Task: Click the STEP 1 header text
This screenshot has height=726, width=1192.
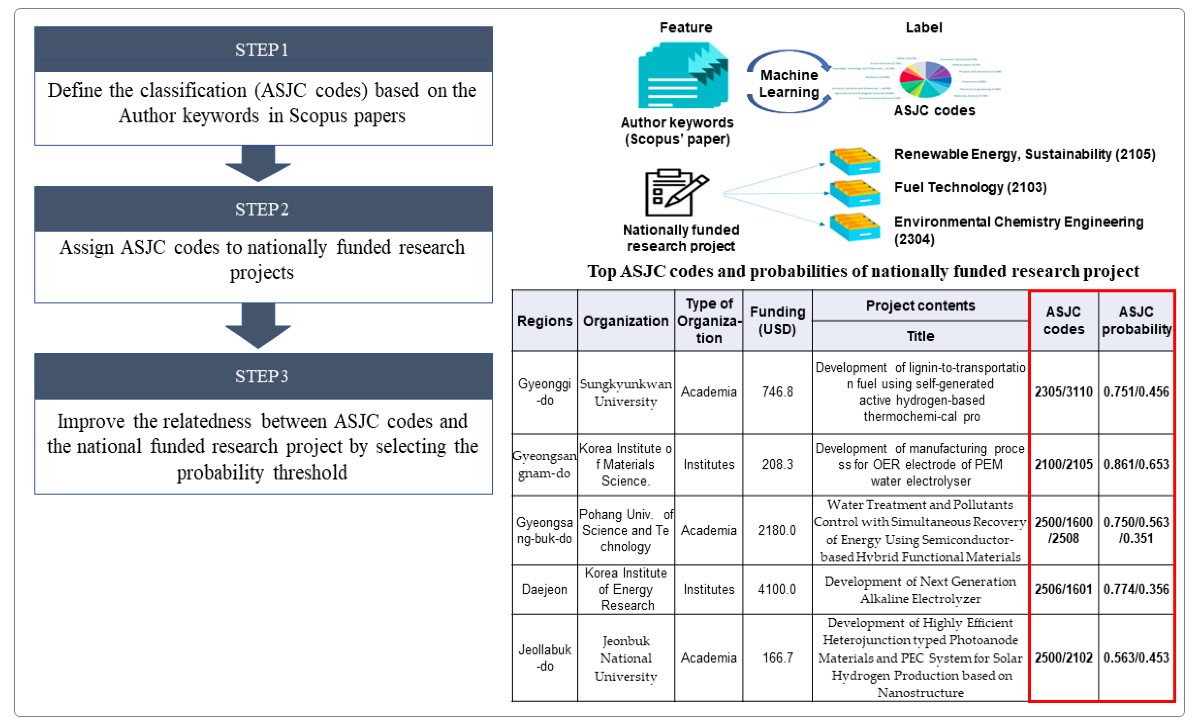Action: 262,50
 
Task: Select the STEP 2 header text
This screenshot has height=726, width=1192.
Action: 262,209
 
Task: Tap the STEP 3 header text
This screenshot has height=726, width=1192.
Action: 262,376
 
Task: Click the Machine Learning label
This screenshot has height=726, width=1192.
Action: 789,84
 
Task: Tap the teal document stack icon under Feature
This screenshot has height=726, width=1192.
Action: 683,76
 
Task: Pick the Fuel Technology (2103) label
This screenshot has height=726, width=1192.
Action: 970,188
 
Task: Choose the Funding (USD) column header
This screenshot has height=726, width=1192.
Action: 777,320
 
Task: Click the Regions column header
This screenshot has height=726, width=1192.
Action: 545,321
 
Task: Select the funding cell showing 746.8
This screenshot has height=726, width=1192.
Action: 777,392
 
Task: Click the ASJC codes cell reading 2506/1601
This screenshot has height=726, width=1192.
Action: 1063,589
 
